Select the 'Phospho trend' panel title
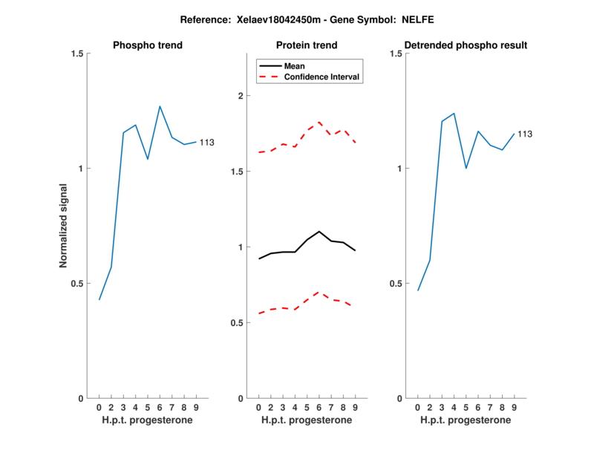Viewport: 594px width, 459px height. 147,45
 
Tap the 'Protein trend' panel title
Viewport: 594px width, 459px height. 307,45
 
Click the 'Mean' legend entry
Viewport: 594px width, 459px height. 294,66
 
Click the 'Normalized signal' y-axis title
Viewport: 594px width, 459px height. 64,226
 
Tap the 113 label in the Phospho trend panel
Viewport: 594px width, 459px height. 206,142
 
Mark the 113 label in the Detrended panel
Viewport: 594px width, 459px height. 525,134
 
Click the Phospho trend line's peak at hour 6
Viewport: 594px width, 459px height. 160,106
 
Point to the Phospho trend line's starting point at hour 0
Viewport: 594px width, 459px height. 99,299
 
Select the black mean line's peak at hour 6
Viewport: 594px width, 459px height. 319,231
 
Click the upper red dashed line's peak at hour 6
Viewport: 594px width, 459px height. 319,122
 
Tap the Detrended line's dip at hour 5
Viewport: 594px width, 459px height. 466,168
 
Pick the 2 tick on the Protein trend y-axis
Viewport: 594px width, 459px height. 240,96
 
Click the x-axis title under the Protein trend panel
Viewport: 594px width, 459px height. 307,420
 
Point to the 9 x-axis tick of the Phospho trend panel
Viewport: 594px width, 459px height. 195,407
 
